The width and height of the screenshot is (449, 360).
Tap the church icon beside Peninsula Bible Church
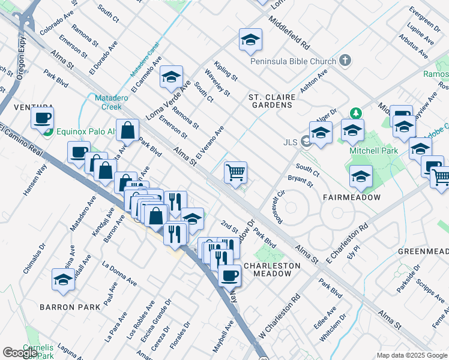345,60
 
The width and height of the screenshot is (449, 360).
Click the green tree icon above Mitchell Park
356,113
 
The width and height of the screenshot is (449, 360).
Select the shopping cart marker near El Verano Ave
236,172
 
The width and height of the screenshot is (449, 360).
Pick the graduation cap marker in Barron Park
62,280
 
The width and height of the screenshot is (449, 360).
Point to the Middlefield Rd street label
289,33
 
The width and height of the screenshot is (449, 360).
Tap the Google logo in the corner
19,353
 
